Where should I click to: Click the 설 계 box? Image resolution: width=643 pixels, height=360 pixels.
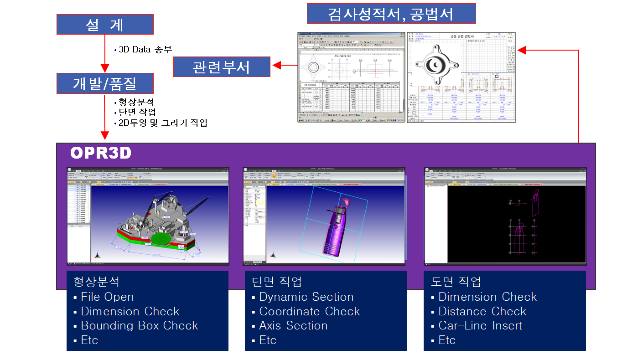(105, 25)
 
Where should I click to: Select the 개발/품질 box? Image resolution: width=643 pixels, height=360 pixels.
(105, 83)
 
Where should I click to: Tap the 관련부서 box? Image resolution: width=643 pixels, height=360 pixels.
(222, 67)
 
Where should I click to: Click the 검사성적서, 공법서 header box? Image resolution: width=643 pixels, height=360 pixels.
(391, 14)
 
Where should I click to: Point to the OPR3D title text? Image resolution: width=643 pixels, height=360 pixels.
(101, 154)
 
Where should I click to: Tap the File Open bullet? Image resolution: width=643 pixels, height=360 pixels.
(107, 297)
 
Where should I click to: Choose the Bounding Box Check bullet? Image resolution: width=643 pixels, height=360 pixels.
(139, 326)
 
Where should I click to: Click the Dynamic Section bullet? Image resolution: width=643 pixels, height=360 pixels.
(306, 297)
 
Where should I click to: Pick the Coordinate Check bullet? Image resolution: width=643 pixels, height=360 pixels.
(309, 312)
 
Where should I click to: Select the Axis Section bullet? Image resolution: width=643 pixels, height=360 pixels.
(293, 326)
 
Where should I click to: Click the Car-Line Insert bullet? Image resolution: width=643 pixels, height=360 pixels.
(480, 326)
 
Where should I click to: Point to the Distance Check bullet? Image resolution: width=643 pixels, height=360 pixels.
(482, 312)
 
